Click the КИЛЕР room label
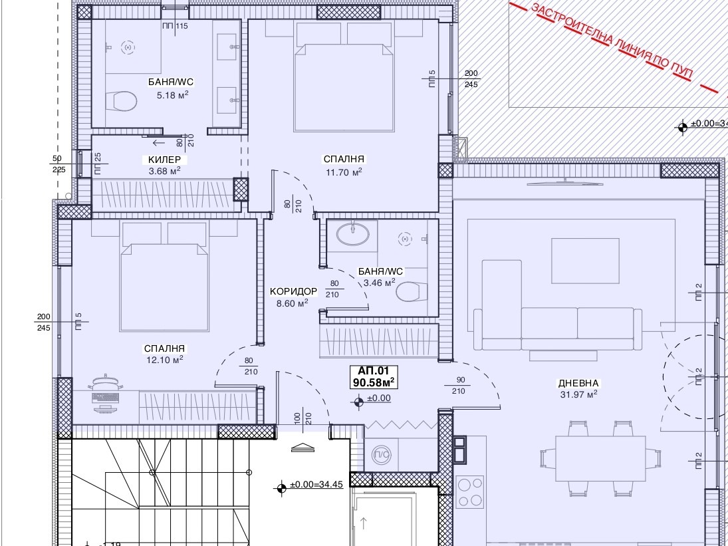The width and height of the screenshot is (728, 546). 164,160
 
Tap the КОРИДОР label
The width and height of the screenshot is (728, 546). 293,291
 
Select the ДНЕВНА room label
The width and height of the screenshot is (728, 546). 578,384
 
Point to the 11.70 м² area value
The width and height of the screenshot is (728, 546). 344,172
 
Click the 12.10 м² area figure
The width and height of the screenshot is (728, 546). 164,360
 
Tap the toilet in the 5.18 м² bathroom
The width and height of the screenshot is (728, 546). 121,101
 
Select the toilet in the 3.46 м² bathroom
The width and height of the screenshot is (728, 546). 409,291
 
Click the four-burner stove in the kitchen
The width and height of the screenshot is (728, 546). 470,492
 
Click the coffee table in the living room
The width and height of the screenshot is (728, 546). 585,261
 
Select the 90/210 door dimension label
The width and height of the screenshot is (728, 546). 458,385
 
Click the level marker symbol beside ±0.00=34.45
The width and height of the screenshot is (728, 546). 281,488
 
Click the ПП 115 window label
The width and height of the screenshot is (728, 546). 175,26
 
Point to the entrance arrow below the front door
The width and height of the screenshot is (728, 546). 303,448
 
